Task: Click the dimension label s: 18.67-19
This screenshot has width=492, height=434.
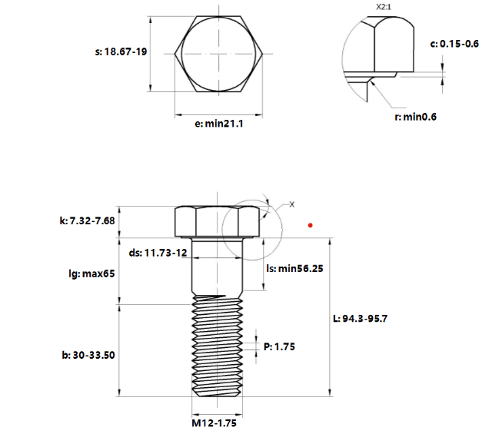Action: (x=121, y=51)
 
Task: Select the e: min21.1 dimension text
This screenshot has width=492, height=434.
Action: (x=218, y=124)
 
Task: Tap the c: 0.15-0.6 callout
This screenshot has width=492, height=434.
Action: (x=454, y=44)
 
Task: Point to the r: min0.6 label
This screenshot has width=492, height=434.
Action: (x=415, y=117)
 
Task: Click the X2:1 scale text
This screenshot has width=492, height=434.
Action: (x=384, y=7)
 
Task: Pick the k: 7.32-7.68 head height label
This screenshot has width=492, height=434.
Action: (x=87, y=220)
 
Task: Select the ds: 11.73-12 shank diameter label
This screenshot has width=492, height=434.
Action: (x=158, y=253)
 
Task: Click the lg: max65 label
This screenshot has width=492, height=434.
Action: (x=91, y=273)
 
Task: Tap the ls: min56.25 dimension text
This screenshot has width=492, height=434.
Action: (x=294, y=268)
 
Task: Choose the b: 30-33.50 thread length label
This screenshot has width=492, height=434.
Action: (x=88, y=355)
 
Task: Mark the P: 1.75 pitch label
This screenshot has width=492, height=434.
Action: (x=279, y=346)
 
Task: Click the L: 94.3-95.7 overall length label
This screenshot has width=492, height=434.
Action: (x=361, y=319)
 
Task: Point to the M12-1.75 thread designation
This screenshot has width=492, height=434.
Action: (x=214, y=423)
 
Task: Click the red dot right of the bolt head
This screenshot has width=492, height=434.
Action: (x=311, y=225)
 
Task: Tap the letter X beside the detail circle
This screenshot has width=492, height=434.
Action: (x=292, y=204)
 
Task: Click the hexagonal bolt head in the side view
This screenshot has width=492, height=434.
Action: (x=217, y=221)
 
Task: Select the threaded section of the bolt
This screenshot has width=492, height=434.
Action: (x=217, y=346)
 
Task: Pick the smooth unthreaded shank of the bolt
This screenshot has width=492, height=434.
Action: (x=217, y=267)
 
